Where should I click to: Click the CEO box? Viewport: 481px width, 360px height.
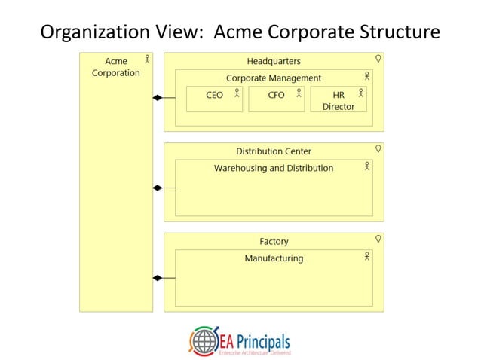pyautogui.click(x=214, y=99)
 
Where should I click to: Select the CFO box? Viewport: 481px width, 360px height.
pyautogui.click(x=276, y=99)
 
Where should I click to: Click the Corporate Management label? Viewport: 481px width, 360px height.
pyautogui.click(x=274, y=78)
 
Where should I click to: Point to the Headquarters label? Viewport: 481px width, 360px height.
pyautogui.click(x=274, y=61)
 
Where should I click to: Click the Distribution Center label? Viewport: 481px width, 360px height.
pyautogui.click(x=274, y=151)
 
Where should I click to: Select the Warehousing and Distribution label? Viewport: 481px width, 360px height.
pyautogui.click(x=274, y=168)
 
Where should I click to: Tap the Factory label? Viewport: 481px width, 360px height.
pyautogui.click(x=274, y=242)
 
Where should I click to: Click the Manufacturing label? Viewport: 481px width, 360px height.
pyautogui.click(x=274, y=258)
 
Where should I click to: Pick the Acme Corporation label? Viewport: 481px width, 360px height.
pyautogui.click(x=116, y=67)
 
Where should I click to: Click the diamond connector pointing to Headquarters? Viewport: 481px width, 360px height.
pyautogui.click(x=158, y=98)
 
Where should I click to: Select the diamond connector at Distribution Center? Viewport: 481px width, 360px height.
pyautogui.click(x=158, y=188)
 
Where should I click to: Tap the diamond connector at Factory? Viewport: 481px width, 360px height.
pyautogui.click(x=158, y=278)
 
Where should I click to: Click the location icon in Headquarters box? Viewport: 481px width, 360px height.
pyautogui.click(x=378, y=58)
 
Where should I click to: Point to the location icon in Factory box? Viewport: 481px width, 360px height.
pyautogui.click(x=378, y=239)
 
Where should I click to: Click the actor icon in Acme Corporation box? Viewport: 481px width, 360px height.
pyautogui.click(x=147, y=59)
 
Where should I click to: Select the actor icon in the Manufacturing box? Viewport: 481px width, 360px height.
pyautogui.click(x=367, y=257)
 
